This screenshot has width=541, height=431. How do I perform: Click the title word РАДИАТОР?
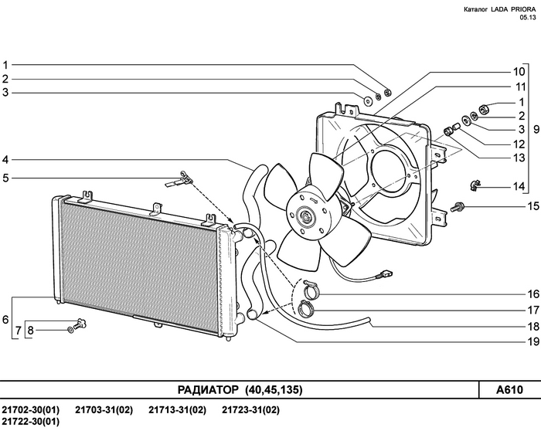click(208, 390)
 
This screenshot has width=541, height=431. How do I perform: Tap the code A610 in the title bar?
click(509, 390)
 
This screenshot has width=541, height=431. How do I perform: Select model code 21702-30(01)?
click(30, 410)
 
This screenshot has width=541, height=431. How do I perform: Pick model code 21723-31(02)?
click(250, 410)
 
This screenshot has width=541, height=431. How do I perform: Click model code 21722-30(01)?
click(30, 422)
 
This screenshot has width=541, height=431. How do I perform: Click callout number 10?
click(519, 72)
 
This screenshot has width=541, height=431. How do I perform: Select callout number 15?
click(533, 206)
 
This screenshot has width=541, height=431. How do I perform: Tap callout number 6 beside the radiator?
click(5, 320)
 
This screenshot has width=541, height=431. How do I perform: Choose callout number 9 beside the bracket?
click(536, 129)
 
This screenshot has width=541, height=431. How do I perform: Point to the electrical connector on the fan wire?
click(386, 275)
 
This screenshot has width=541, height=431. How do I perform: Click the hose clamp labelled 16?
click(311, 290)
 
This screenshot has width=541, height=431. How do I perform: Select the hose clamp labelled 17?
click(306, 308)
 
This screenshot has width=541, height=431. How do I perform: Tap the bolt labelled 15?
click(458, 207)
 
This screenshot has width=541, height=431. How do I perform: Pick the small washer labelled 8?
click(70, 331)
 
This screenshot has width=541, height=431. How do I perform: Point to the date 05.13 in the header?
click(528, 18)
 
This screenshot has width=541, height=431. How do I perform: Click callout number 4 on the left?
click(5, 160)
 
